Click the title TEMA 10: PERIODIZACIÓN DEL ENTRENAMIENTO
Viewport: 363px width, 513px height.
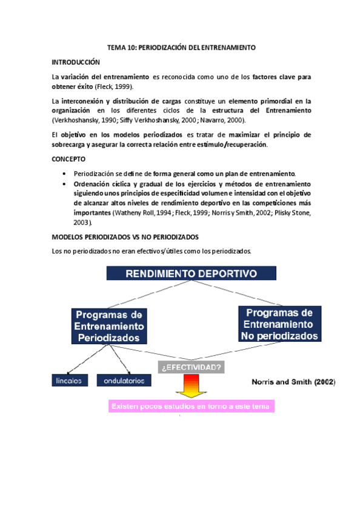click(x=181, y=47)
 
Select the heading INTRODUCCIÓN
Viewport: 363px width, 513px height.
click(x=76, y=62)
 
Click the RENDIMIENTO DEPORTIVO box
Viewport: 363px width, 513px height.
click(x=190, y=273)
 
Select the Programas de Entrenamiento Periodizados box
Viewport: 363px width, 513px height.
click(x=109, y=325)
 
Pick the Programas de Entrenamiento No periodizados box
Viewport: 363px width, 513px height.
click(x=276, y=323)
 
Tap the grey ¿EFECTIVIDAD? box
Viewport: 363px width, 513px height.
click(x=190, y=367)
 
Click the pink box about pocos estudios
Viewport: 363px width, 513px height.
click(x=191, y=406)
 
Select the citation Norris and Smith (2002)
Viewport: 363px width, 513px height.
click(x=293, y=382)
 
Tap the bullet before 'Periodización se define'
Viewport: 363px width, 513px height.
click(x=64, y=174)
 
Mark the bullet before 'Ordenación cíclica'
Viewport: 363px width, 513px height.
click(x=64, y=184)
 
